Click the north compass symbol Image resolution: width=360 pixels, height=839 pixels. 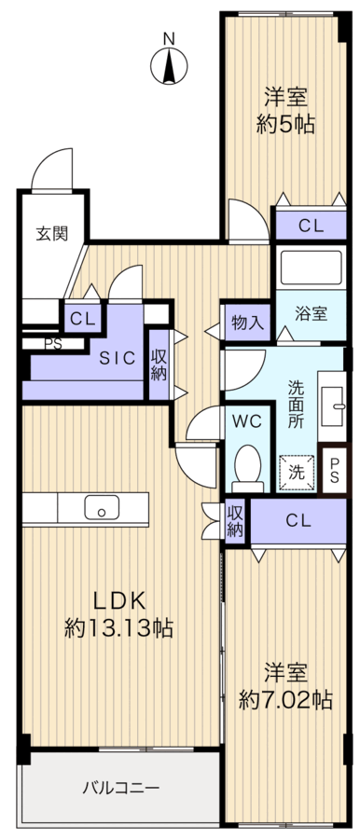pyautogui.click(x=168, y=65)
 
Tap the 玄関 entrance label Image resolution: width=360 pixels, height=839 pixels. pyautogui.click(x=52, y=234)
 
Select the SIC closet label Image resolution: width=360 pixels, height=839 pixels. pyautogui.click(x=118, y=357)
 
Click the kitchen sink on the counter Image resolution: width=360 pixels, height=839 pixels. pyautogui.click(x=101, y=508)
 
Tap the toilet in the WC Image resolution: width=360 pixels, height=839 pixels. pyautogui.click(x=247, y=467)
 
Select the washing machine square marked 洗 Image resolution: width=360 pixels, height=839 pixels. pyautogui.click(x=296, y=472)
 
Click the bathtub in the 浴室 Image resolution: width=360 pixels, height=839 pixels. pyautogui.click(x=311, y=269)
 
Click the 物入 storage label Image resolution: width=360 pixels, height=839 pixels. pyautogui.click(x=247, y=323)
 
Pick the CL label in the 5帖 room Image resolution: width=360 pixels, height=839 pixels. pyautogui.click(x=311, y=225)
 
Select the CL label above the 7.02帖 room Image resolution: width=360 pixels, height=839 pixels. pyautogui.click(x=298, y=519)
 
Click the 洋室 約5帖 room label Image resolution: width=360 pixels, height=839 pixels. pyautogui.click(x=284, y=110)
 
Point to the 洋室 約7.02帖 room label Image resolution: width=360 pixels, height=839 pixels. pyautogui.click(x=285, y=686)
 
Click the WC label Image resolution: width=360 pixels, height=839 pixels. pyautogui.click(x=247, y=420)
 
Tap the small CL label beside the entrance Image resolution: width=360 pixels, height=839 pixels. pyautogui.click(x=82, y=318)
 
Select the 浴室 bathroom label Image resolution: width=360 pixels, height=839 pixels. pyautogui.click(x=311, y=313)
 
